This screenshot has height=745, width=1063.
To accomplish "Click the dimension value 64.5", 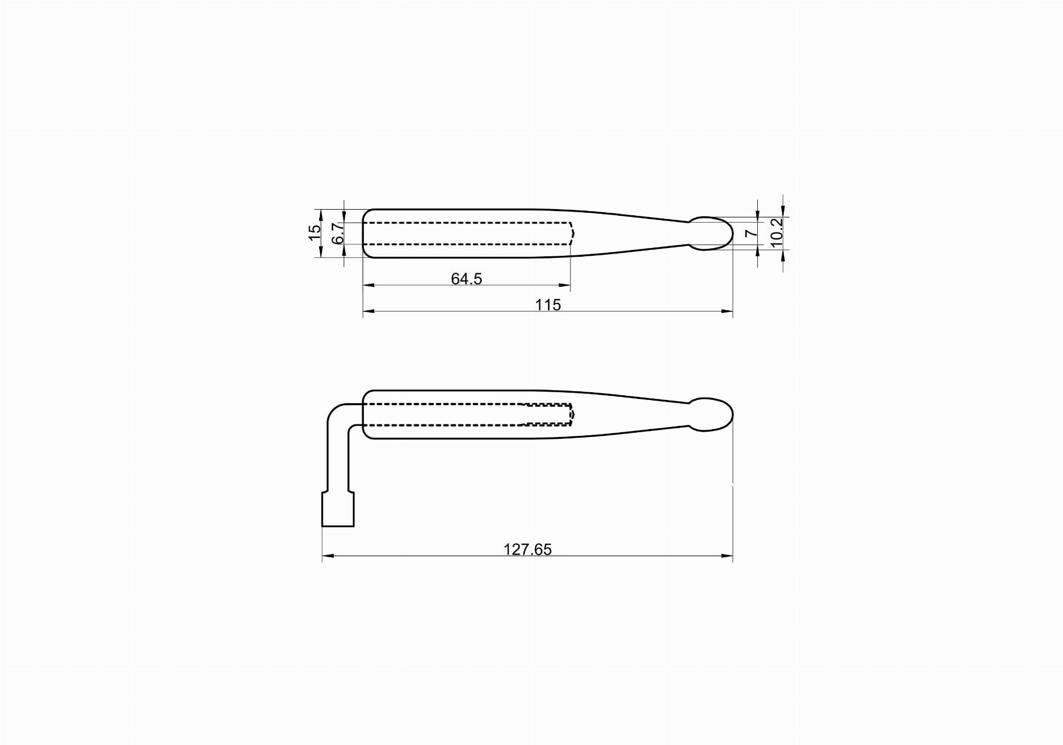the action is coord(466,279).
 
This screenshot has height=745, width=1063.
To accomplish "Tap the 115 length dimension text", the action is coord(548,305).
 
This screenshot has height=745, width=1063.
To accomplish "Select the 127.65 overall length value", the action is coord(527,549).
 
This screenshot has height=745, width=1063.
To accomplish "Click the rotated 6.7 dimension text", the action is coord(337,233).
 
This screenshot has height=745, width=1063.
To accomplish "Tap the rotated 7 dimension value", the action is coord(751,233).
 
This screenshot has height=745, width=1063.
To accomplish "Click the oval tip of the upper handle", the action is coord(711,233).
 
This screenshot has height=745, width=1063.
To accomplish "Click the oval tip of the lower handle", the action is coord(711,415).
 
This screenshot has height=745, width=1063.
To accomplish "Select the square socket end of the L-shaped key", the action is coord(338,510).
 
